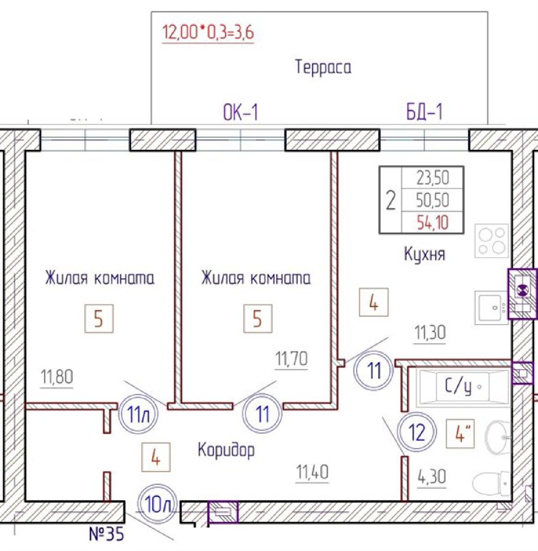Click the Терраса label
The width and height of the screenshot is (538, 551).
pyautogui.click(x=323, y=67)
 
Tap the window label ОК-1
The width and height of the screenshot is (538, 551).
pyautogui.click(x=240, y=112)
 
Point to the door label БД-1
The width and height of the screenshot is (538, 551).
pyautogui.click(x=424, y=111)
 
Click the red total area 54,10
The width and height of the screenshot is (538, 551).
pyautogui.click(x=433, y=222)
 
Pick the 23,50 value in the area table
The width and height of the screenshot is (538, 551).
pyautogui.click(x=433, y=178)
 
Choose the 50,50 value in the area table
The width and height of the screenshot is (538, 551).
pyautogui.click(x=433, y=200)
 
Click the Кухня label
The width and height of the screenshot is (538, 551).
pyautogui.click(x=424, y=254)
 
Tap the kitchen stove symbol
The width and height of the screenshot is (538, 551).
pyautogui.click(x=492, y=241)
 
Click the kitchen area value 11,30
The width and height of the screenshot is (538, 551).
pyautogui.click(x=430, y=333)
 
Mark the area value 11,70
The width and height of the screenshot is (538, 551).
pyautogui.click(x=291, y=359)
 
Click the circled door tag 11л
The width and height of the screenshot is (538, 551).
pyautogui.click(x=138, y=414)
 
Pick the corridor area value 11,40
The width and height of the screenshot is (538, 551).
pyautogui.click(x=312, y=472)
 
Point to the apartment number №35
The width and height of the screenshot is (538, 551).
pyautogui.click(x=106, y=534)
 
